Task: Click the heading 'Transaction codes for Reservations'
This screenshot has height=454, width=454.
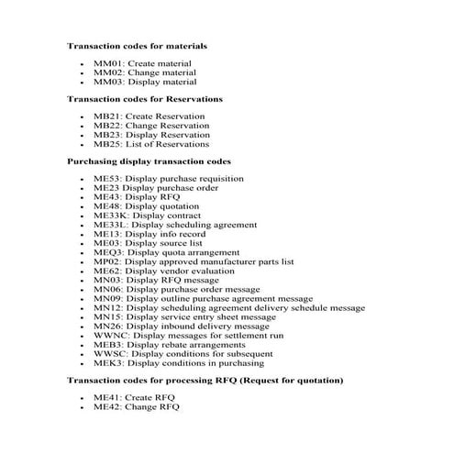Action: (145, 98)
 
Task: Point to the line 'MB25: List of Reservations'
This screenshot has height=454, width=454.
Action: (151, 144)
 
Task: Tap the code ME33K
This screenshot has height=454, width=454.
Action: (110, 216)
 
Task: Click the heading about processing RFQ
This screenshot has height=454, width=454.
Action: (206, 380)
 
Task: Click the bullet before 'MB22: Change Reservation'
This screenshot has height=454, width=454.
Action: (83, 127)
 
